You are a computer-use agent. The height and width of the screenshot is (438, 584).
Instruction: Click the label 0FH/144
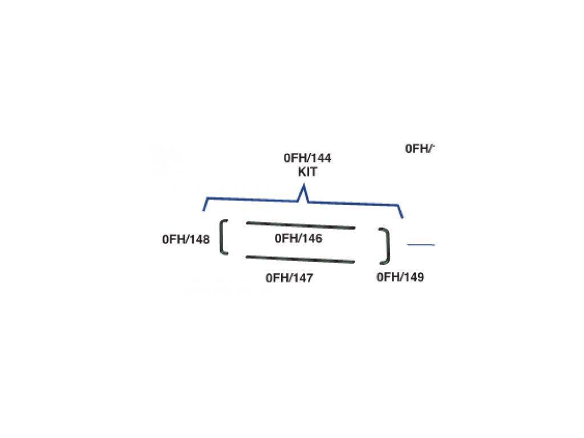[307, 159]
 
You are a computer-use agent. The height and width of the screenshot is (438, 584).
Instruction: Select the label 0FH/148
[185, 240]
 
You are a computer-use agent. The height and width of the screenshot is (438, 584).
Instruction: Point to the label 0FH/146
[298, 238]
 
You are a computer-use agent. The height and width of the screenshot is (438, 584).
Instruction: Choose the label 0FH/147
[290, 278]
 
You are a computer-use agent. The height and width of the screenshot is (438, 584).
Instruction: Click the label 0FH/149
[400, 278]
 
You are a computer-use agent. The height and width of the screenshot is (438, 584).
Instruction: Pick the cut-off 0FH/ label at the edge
[420, 149]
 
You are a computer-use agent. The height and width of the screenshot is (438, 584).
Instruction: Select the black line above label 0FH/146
[301, 225]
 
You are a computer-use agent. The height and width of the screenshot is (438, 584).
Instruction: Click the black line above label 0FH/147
[301, 260]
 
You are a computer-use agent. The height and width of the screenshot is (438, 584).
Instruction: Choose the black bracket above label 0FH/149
[387, 246]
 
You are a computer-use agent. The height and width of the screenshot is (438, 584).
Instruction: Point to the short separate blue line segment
[420, 245]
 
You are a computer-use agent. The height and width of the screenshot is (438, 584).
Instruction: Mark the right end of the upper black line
[354, 228]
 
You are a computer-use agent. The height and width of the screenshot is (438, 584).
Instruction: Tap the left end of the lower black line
[247, 257]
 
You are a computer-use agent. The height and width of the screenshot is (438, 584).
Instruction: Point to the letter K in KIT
[301, 171]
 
